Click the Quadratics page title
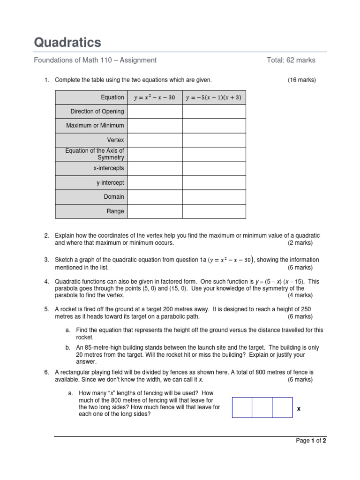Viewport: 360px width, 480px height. point(67,43)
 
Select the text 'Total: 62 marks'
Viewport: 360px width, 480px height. point(291,60)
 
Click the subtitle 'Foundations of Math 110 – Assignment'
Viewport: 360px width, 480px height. point(95,60)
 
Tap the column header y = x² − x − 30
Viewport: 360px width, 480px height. point(154,97)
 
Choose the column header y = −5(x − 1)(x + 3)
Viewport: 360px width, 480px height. point(213,97)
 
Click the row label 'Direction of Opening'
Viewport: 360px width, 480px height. point(97,112)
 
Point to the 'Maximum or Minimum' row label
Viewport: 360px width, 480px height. point(95,126)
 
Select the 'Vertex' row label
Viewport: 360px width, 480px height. point(115,140)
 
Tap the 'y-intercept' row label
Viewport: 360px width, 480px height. point(110,183)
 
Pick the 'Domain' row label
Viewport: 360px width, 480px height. point(114,197)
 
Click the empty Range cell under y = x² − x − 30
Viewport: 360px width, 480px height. point(154,211)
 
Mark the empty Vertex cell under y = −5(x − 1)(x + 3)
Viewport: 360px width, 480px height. point(213,140)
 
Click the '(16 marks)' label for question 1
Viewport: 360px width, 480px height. point(302,80)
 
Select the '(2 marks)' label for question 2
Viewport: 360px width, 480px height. point(300,243)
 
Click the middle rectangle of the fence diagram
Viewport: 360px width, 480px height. point(262,407)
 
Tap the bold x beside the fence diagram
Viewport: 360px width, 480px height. point(299,409)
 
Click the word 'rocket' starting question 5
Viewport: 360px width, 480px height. point(68,309)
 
